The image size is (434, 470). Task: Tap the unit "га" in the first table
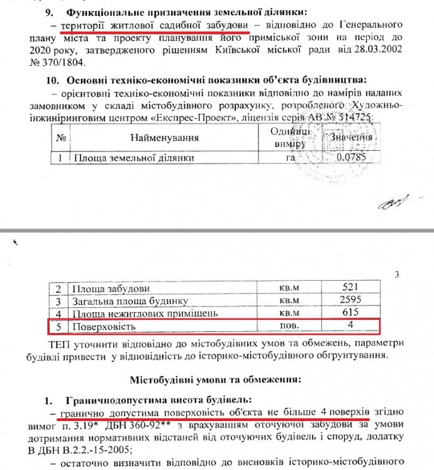(291, 157)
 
